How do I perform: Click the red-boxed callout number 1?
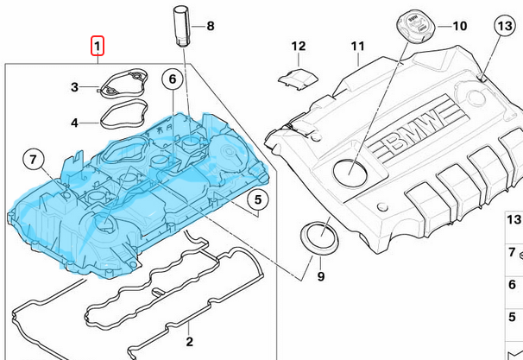coord(98,44)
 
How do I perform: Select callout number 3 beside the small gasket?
coord(75,87)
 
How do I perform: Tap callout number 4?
coord(75,123)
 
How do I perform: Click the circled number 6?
coord(172,80)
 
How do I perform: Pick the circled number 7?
coord(32,160)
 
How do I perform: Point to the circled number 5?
coord(257,201)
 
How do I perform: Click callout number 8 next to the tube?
coord(210,26)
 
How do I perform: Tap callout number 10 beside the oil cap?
coord(458,26)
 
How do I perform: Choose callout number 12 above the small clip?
coord(298,46)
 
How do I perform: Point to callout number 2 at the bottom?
coord(189,341)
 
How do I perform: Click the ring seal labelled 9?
coord(318,239)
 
